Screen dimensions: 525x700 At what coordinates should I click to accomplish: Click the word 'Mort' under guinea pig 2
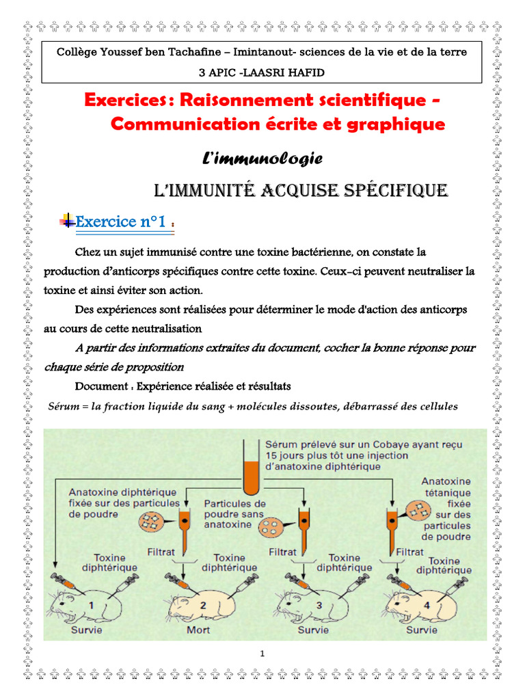point(198,630)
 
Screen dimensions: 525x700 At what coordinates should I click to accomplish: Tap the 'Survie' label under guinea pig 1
point(87,630)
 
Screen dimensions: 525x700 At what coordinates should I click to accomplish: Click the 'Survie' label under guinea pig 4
point(422,630)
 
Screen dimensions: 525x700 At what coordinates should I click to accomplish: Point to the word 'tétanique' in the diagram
point(446,492)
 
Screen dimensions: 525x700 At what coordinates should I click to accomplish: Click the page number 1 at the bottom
point(262,654)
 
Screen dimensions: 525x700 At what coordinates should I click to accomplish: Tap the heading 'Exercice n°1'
point(120,222)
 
